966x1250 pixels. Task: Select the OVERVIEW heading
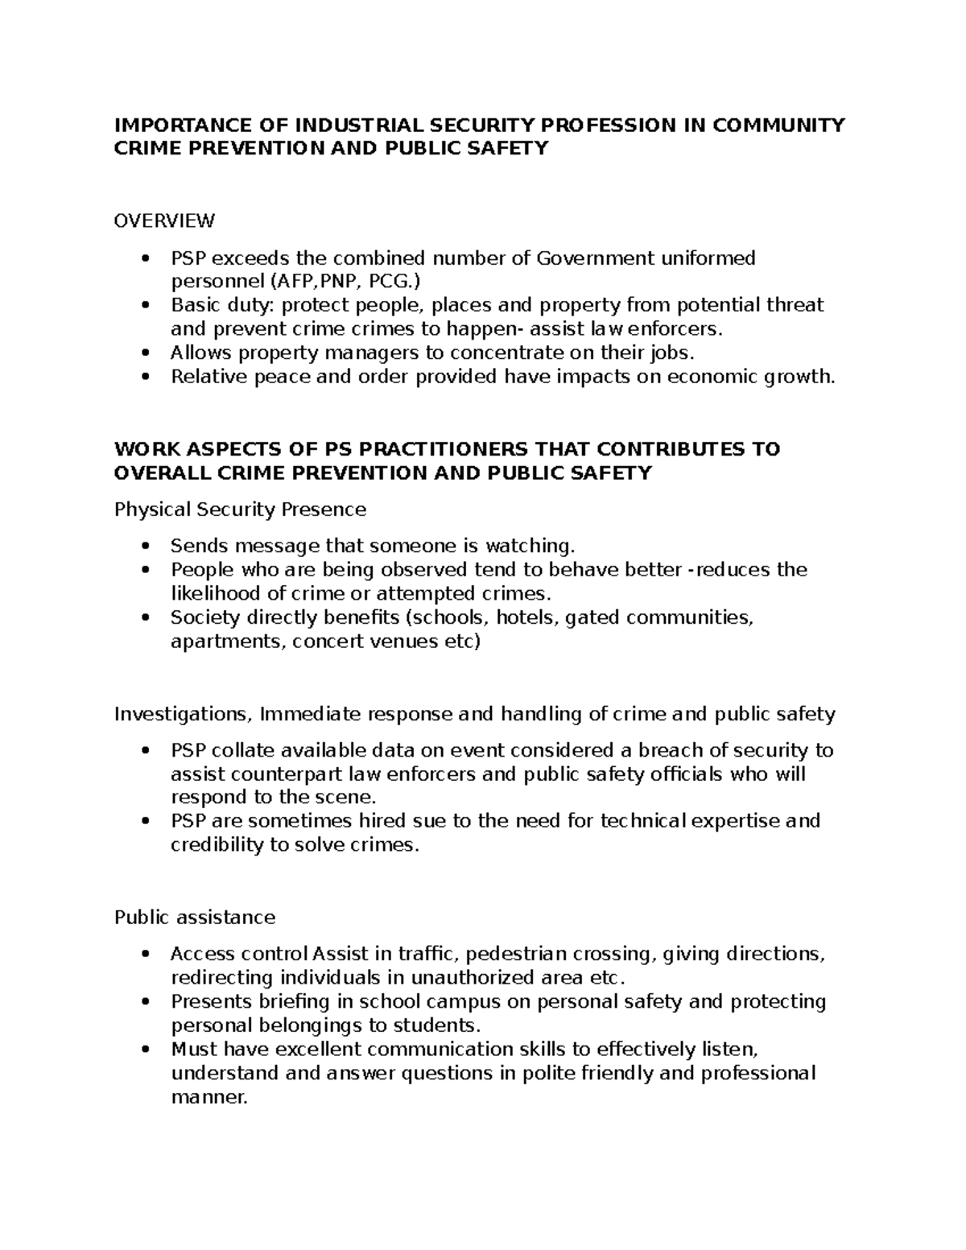coord(164,220)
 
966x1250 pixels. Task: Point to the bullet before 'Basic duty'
coord(145,306)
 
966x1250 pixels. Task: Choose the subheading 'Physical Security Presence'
coord(240,509)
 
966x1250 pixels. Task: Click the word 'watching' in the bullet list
coord(530,546)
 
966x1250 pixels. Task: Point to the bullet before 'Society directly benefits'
coord(145,618)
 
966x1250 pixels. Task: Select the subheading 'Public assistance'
coord(195,917)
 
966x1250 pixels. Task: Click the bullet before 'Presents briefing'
coord(145,1002)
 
